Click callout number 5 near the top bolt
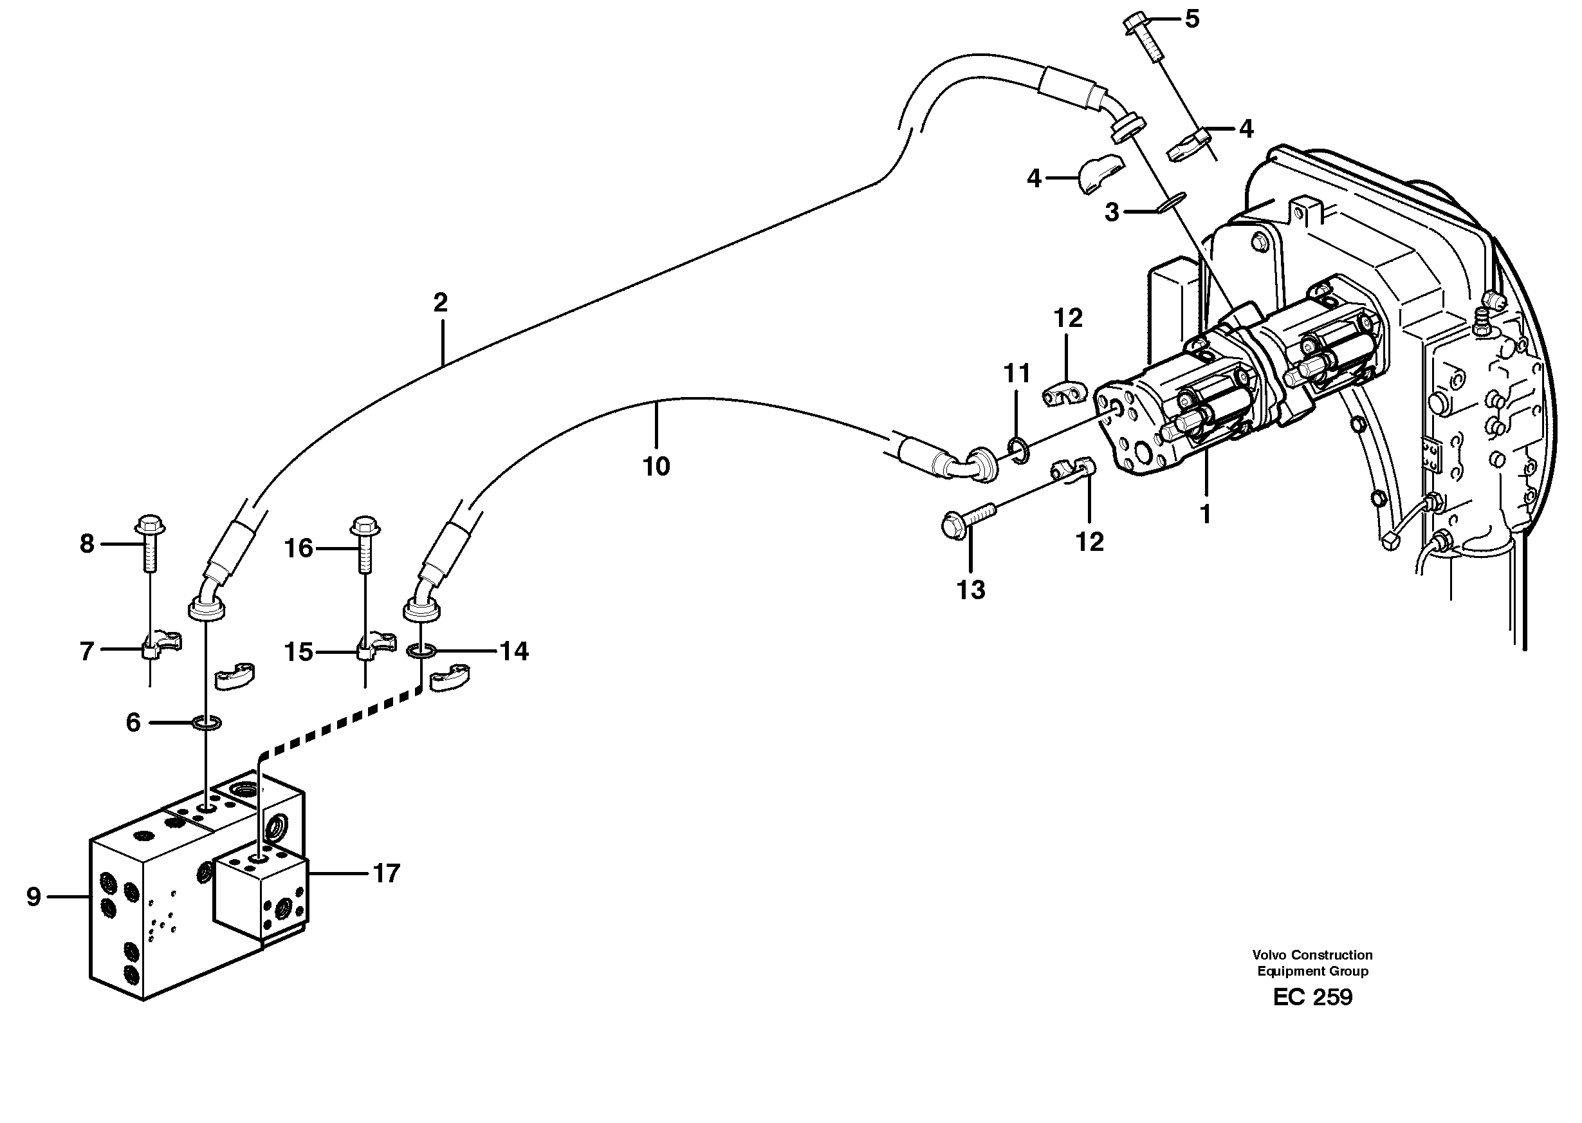click(1191, 19)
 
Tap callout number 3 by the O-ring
click(1111, 212)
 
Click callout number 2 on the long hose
click(440, 302)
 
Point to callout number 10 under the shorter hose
click(656, 467)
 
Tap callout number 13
click(970, 590)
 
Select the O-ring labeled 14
click(420, 650)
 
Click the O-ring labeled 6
click(206, 723)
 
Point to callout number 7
click(86, 651)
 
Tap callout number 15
click(299, 652)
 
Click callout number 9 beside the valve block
click(34, 897)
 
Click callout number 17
click(387, 873)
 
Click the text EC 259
click(1312, 996)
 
